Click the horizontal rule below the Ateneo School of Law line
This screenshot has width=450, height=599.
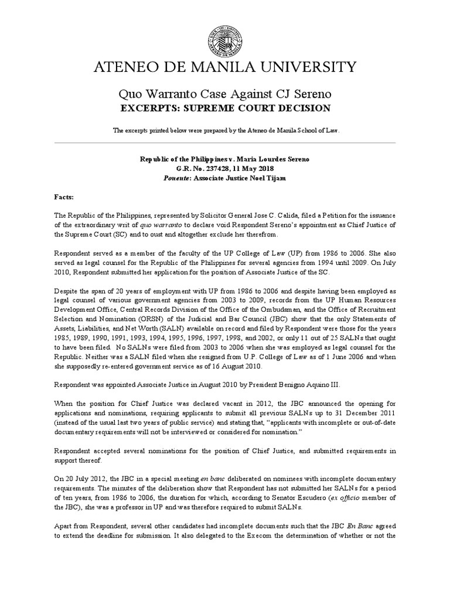point(224,142)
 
